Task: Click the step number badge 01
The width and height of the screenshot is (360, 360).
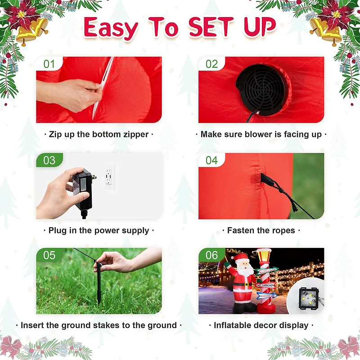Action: [x=49, y=64]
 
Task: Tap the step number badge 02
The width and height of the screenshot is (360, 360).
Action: [x=211, y=64]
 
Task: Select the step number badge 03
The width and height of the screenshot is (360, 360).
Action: [x=49, y=160]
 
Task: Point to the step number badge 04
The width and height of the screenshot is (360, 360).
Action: [x=211, y=160]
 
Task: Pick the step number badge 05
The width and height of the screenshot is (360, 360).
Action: [x=49, y=255]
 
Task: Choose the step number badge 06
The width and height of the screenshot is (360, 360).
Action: [x=211, y=255]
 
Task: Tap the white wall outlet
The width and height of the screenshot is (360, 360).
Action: [x=109, y=177]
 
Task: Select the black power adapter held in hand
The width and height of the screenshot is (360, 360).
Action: [x=82, y=189]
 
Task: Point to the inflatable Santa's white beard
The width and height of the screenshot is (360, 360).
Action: [x=243, y=272]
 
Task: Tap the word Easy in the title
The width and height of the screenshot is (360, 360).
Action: [x=111, y=28]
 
